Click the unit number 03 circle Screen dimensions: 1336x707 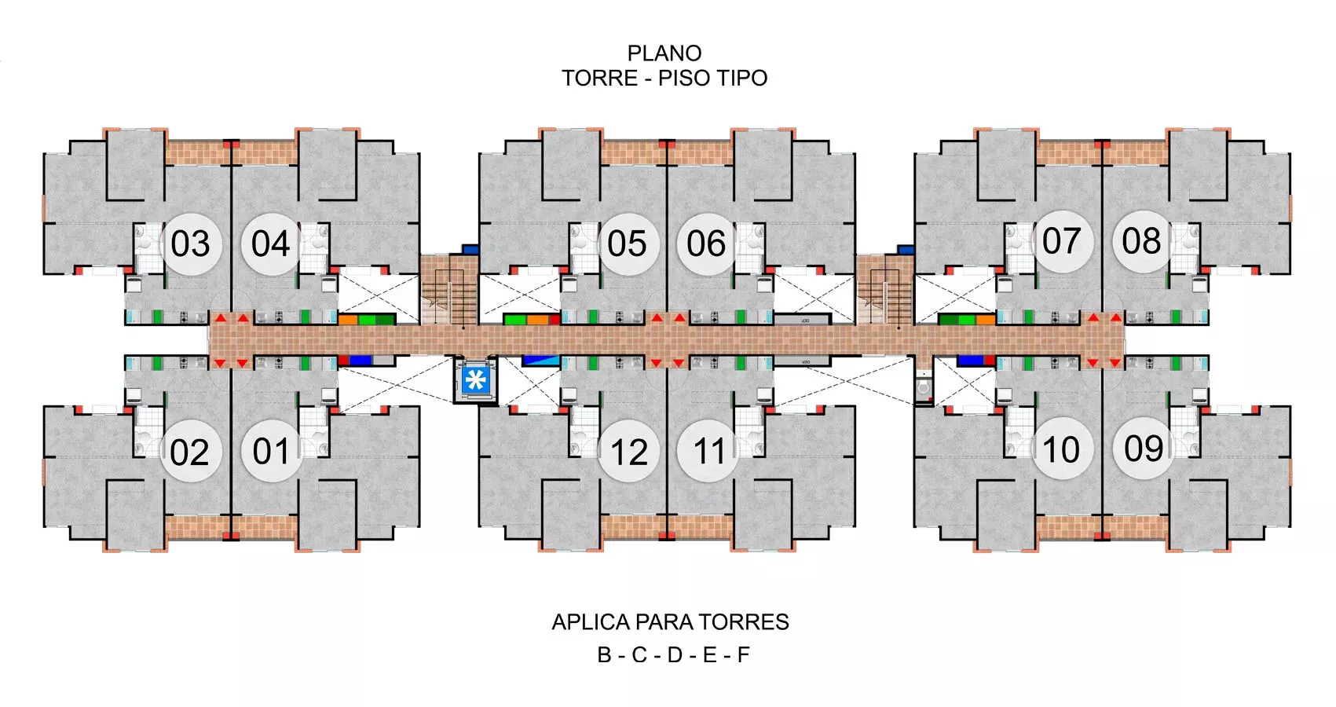click(x=191, y=244)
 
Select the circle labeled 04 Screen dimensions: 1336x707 click(x=272, y=244)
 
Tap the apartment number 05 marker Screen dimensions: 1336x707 click(x=628, y=244)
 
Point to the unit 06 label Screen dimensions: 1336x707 click(x=707, y=244)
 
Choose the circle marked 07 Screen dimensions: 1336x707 click(x=1062, y=242)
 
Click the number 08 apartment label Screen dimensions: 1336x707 click(x=1142, y=242)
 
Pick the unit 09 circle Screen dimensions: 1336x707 click(x=1144, y=449)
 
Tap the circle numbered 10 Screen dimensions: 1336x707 click(x=1062, y=449)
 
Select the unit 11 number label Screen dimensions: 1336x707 click(x=708, y=451)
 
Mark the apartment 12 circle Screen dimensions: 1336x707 click(x=628, y=451)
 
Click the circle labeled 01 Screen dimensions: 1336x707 click(x=272, y=451)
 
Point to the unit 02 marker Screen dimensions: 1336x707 click(x=191, y=451)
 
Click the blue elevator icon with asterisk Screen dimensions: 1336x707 click(x=476, y=379)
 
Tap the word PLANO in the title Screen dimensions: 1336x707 click(x=664, y=53)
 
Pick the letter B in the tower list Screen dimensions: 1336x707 click(x=604, y=655)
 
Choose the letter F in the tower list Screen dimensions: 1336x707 click(x=743, y=655)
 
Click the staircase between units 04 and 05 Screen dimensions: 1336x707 click(x=449, y=290)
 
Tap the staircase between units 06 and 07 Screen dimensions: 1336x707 click(x=885, y=290)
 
